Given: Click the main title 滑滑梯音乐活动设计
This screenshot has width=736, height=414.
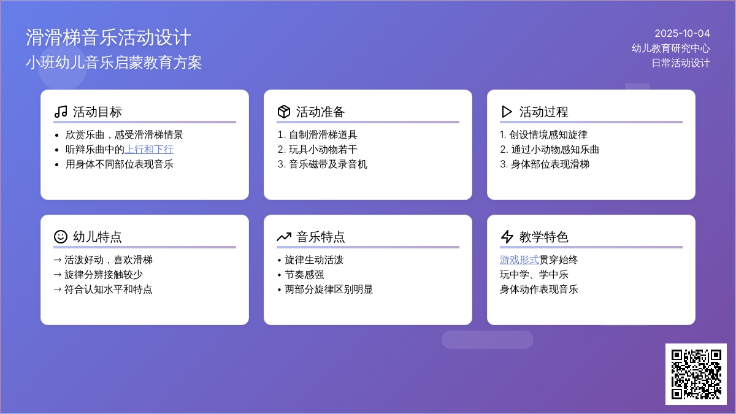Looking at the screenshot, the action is (x=108, y=37).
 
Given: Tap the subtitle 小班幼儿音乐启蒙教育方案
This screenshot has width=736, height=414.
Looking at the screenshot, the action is (x=113, y=63).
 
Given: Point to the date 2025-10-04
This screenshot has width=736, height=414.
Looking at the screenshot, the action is (x=682, y=33).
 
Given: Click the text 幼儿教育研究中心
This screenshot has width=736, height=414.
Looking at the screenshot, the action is (x=670, y=48).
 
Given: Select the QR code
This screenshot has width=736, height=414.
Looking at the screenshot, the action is (x=696, y=374).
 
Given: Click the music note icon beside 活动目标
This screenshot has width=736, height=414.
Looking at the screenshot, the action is (x=61, y=112).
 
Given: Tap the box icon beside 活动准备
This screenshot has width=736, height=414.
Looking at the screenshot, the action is (x=284, y=112).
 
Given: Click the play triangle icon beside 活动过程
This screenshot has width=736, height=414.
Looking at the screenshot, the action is (x=507, y=112).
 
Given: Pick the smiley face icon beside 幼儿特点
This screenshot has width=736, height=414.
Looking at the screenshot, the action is (x=61, y=237).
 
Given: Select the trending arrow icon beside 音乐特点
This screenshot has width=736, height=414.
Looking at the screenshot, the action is (x=284, y=237).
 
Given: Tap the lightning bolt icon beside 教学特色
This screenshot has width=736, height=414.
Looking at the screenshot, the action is (x=507, y=237).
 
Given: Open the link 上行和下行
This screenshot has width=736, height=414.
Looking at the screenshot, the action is (x=149, y=150).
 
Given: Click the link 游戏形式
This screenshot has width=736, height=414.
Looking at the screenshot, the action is (x=519, y=260).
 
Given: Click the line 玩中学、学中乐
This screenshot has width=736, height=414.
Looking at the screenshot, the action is (x=534, y=275).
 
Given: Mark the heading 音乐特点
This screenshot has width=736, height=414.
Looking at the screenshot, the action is (x=320, y=237).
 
